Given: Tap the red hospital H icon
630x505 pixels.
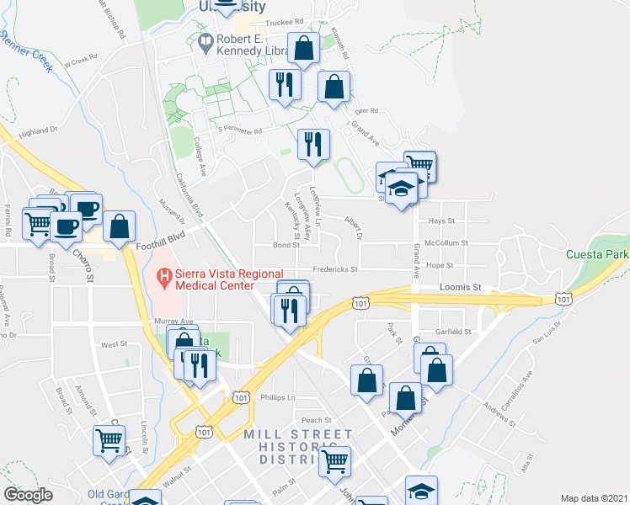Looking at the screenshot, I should point(164,274).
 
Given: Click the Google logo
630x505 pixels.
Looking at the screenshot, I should point(28,495).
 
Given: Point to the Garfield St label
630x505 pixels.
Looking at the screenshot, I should point(454,332).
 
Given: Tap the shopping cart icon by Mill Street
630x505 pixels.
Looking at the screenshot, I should point(335,460).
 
